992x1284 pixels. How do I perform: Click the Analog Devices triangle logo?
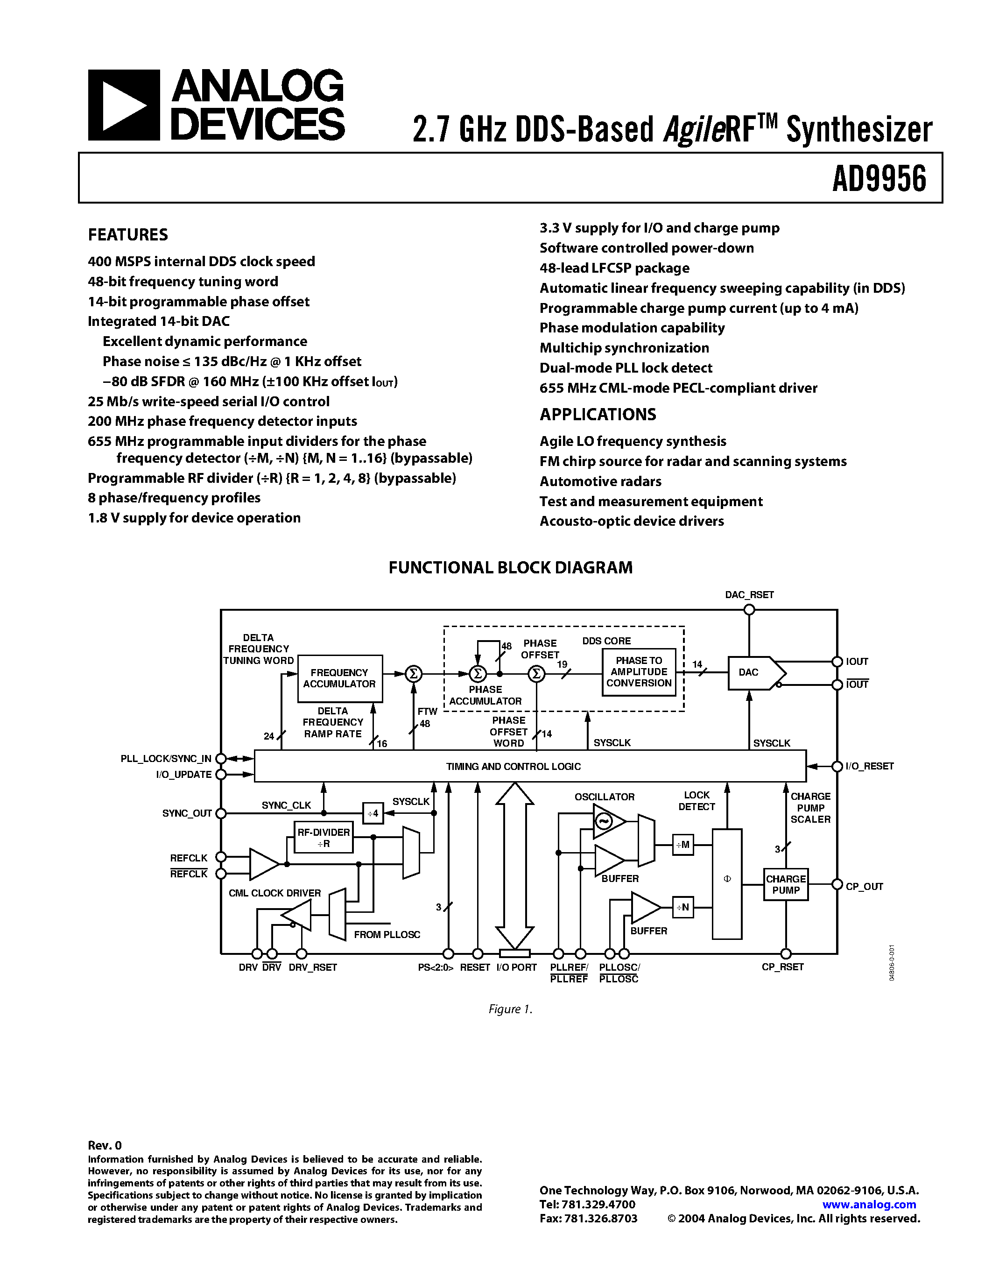point(123,105)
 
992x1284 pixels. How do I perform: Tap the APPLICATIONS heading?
point(597,415)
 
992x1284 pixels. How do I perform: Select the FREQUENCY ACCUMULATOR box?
point(340,678)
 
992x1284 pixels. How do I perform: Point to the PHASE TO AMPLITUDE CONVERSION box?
point(639,672)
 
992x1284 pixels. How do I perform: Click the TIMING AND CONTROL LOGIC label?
point(513,767)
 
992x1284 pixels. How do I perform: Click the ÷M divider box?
point(682,845)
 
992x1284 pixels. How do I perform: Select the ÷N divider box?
point(682,907)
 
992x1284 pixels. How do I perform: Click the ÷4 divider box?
point(373,814)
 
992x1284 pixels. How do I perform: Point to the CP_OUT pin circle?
point(837,885)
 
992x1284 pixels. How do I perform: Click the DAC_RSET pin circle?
point(749,610)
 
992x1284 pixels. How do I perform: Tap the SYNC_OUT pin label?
point(186,814)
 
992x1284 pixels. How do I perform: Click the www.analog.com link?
point(869,1205)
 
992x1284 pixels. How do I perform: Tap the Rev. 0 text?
point(105,1145)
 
